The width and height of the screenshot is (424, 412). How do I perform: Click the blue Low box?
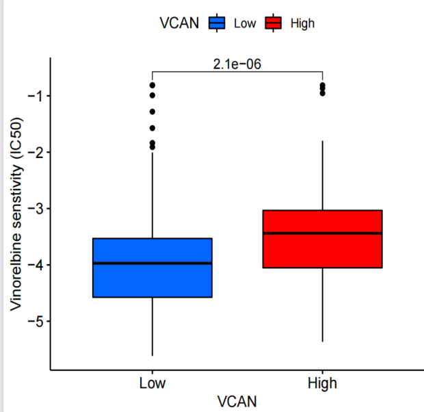click(152, 281)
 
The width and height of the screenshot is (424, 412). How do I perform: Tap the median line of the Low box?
click(152, 263)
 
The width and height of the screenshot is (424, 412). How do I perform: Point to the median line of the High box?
click(322, 233)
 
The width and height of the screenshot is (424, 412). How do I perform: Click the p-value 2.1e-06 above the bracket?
click(237, 64)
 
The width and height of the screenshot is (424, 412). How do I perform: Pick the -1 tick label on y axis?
click(35, 95)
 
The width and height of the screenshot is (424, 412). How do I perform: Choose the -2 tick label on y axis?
click(35, 152)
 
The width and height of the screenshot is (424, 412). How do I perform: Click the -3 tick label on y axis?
click(35, 208)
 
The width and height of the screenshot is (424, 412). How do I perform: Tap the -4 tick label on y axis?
click(35, 265)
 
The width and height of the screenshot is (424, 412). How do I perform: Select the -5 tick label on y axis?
click(35, 321)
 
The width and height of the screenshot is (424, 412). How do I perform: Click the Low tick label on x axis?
click(152, 383)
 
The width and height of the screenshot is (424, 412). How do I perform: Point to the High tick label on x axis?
click(322, 383)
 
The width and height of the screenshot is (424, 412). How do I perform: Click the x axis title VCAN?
click(237, 401)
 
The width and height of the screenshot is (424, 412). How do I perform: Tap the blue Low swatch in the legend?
click(217, 23)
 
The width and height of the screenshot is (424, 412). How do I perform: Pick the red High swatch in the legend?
click(274, 23)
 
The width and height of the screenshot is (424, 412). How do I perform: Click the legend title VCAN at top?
click(179, 23)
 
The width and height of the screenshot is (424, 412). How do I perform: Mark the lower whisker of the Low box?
click(152, 326)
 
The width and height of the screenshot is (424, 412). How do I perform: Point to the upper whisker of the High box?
click(322, 175)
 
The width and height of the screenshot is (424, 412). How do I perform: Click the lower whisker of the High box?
click(322, 305)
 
